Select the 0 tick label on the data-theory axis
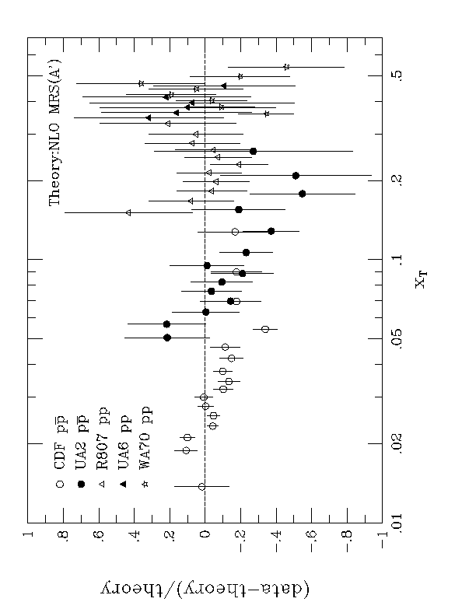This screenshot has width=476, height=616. coord(205,535)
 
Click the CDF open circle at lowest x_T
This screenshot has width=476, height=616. coord(202,486)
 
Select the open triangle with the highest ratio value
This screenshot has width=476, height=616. coord(128,212)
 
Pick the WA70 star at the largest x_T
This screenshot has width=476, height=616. coord(286,67)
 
